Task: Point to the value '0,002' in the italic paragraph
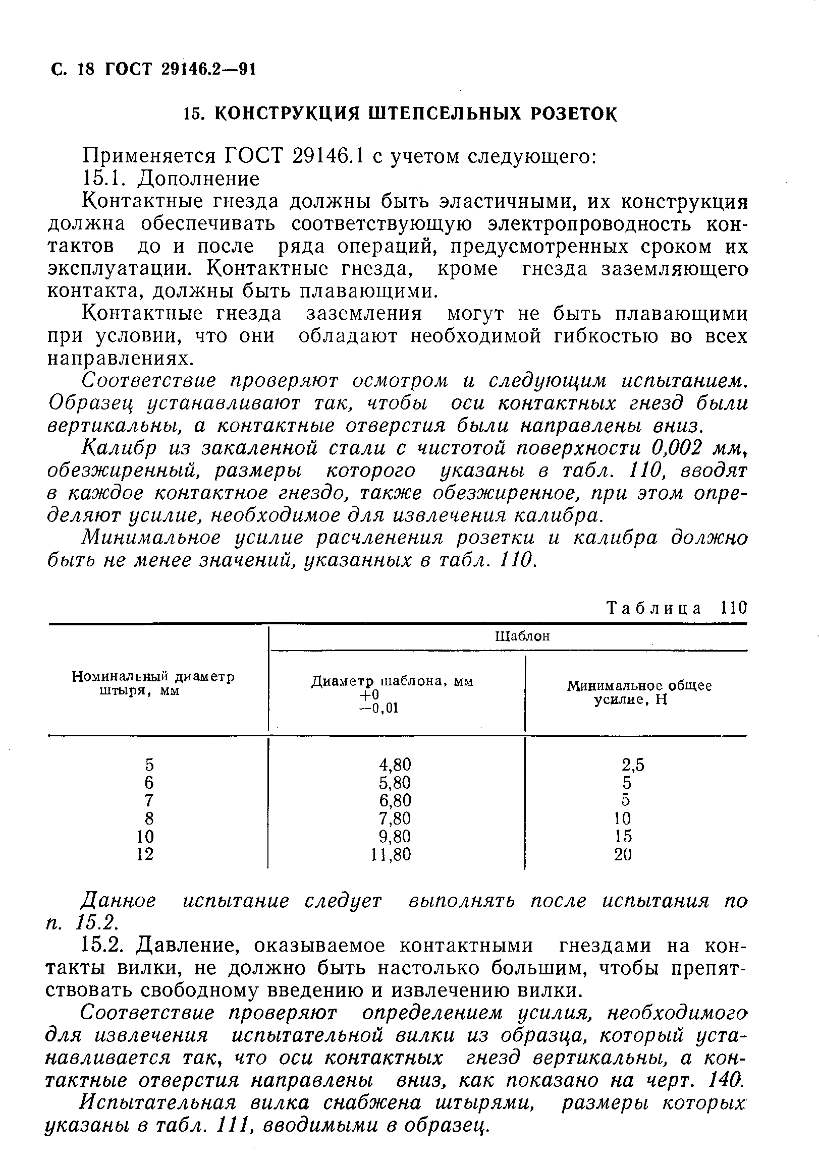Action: (667, 447)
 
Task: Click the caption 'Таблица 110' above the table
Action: (676, 609)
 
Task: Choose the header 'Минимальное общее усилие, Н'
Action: (639, 692)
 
